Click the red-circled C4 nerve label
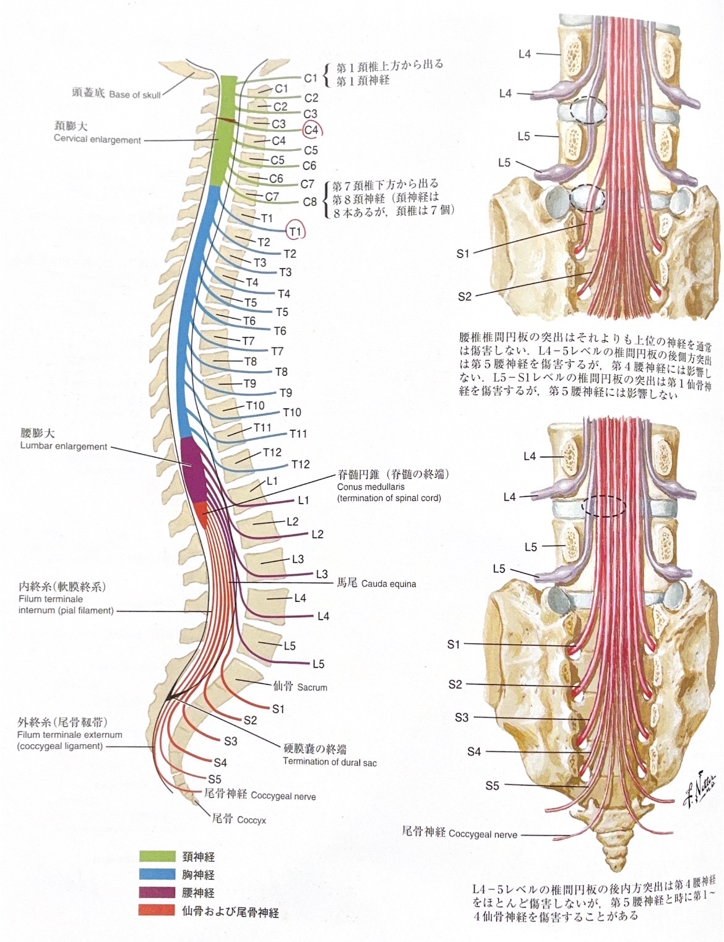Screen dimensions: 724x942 click(x=312, y=130)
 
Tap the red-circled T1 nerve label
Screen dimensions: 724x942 click(x=296, y=231)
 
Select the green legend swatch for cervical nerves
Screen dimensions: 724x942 click(x=157, y=856)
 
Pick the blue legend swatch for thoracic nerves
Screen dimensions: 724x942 click(x=157, y=874)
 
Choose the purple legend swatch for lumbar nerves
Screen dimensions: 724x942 click(x=157, y=892)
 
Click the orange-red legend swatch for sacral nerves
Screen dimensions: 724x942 click(x=157, y=910)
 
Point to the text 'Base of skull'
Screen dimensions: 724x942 click(x=135, y=95)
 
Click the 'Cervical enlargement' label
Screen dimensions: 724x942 click(x=98, y=139)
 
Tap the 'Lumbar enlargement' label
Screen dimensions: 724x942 click(x=64, y=446)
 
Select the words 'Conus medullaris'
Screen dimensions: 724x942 click(x=371, y=487)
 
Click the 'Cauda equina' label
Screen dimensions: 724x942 click(x=389, y=584)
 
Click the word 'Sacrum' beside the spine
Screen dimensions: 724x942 click(x=312, y=687)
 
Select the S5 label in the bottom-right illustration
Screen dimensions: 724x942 click(x=492, y=786)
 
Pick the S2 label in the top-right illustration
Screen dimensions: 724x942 click(x=464, y=296)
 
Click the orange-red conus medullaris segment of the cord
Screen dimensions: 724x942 click(x=202, y=515)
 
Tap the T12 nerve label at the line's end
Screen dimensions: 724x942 click(x=301, y=465)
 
